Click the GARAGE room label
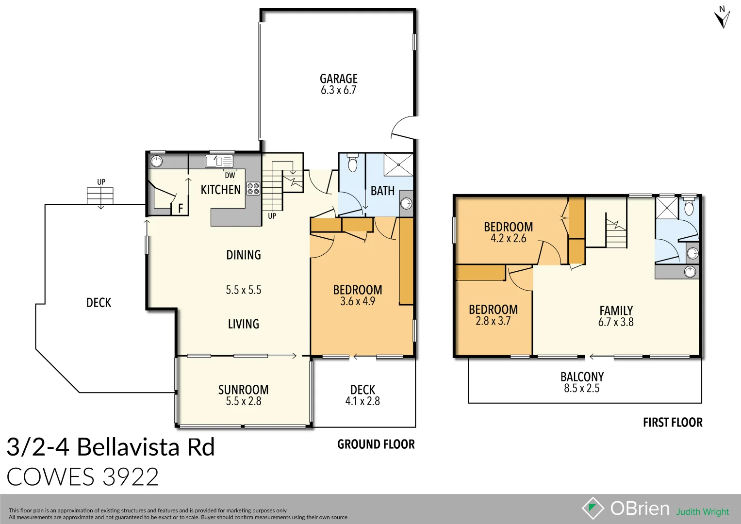tap(338, 79)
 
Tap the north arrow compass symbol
tap(722, 17)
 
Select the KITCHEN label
tap(221, 190)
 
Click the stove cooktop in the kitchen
tap(253, 189)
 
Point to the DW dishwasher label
tap(230, 175)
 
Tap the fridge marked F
tap(180, 208)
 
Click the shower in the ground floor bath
tap(398, 164)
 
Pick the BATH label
tap(382, 191)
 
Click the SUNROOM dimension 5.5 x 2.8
tap(243, 401)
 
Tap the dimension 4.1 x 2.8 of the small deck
tap(362, 401)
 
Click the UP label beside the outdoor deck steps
tap(101, 182)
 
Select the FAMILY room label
tap(616, 311)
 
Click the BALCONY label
tap(582, 377)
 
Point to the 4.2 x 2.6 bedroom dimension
tap(508, 238)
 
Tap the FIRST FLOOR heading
tap(673, 423)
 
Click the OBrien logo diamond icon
tap(593, 508)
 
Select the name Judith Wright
tap(702, 512)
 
